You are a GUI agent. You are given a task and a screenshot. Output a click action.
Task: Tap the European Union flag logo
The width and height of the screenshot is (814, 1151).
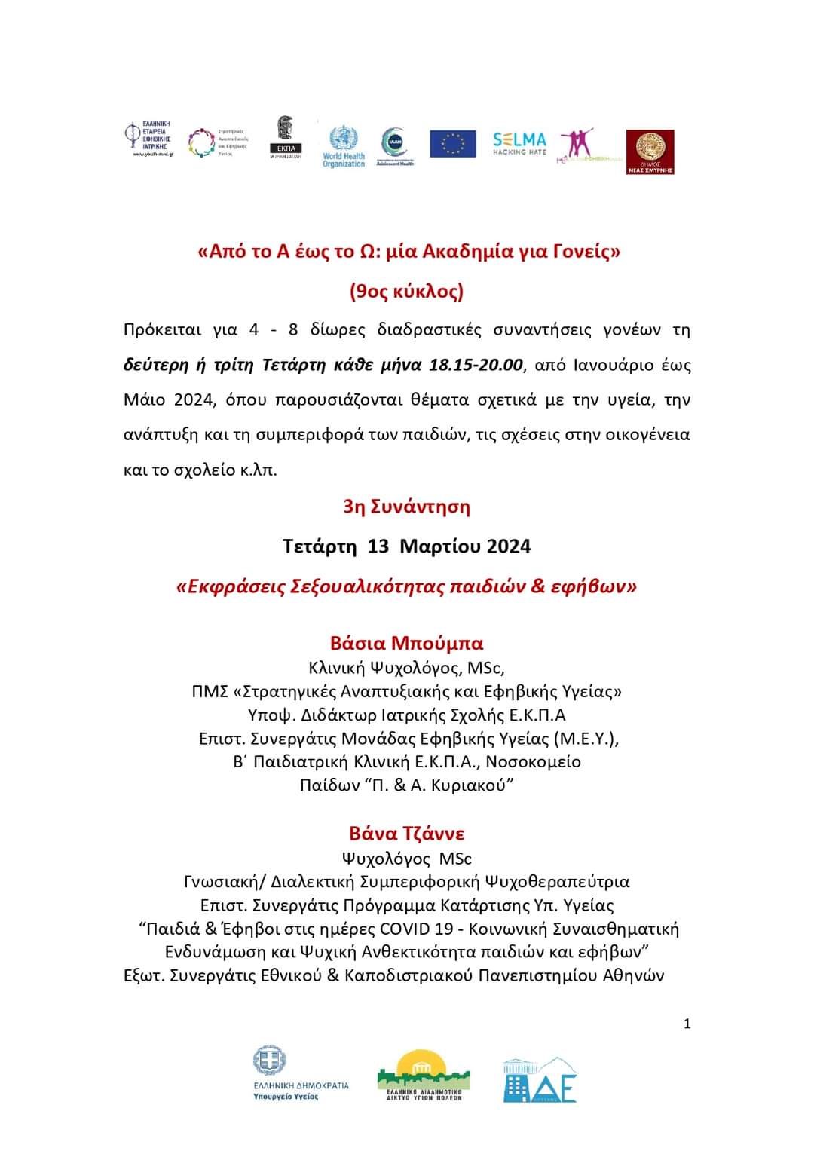[x=453, y=143]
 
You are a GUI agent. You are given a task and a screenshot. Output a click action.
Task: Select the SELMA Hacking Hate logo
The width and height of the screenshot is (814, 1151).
[x=519, y=143]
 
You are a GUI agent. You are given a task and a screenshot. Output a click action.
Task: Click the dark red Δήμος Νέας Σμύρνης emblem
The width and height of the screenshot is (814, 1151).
[x=650, y=152]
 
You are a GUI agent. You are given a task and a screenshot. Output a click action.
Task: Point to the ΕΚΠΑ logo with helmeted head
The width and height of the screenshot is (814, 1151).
[x=286, y=137]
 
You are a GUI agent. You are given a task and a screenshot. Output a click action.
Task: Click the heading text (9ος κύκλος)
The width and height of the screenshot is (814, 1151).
[x=406, y=291]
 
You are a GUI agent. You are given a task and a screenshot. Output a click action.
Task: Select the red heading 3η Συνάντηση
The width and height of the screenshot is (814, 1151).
[x=406, y=506]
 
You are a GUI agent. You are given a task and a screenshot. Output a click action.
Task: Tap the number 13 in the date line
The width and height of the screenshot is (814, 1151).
[x=378, y=546]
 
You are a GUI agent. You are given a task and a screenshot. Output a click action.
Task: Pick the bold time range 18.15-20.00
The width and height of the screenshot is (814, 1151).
[x=476, y=365]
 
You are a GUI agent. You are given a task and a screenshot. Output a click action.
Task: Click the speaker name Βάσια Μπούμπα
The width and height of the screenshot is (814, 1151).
[x=406, y=643]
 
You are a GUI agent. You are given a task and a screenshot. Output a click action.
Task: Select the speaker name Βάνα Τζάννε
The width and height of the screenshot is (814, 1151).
[x=406, y=833]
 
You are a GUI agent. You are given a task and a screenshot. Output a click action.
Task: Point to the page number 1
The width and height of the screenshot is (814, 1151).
[x=687, y=1024]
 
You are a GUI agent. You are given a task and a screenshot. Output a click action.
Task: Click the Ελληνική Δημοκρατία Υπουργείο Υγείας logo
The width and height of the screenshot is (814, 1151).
[x=301, y=1073]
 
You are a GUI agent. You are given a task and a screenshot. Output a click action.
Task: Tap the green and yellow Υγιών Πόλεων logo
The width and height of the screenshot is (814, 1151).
[x=424, y=1075]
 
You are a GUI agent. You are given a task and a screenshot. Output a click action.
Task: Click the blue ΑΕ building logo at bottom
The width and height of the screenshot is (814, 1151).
[x=540, y=1080]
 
